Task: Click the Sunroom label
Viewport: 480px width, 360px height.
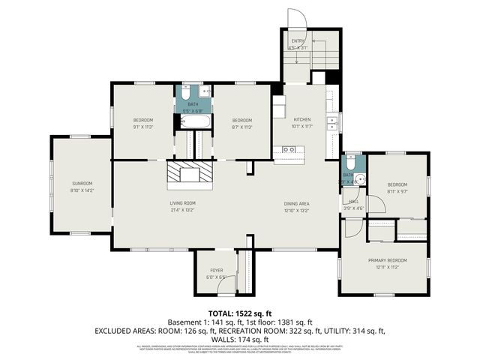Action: point(82,183)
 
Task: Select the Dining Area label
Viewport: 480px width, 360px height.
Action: point(297,202)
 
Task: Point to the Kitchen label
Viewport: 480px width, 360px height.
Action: point(301,120)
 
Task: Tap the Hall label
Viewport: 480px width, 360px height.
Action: point(352,202)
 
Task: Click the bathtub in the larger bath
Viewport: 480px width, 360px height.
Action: point(193,121)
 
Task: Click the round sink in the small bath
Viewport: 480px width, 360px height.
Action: point(359,179)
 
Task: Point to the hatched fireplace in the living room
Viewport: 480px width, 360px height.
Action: point(189,173)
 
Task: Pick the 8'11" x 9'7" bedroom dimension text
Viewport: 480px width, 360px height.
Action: point(397,191)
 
